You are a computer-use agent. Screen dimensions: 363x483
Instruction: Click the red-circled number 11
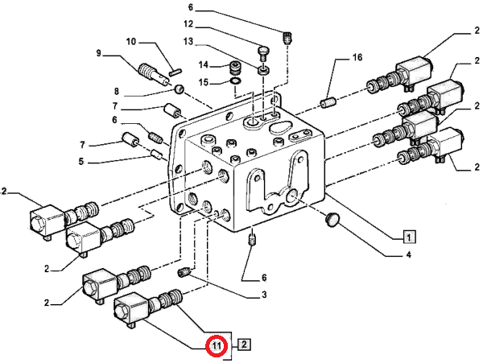(216, 346)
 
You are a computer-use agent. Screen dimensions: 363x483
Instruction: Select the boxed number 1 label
(409, 237)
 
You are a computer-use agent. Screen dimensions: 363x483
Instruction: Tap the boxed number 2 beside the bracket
(245, 346)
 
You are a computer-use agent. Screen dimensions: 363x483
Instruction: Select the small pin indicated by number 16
(328, 103)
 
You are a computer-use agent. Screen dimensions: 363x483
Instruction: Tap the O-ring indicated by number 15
(233, 80)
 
